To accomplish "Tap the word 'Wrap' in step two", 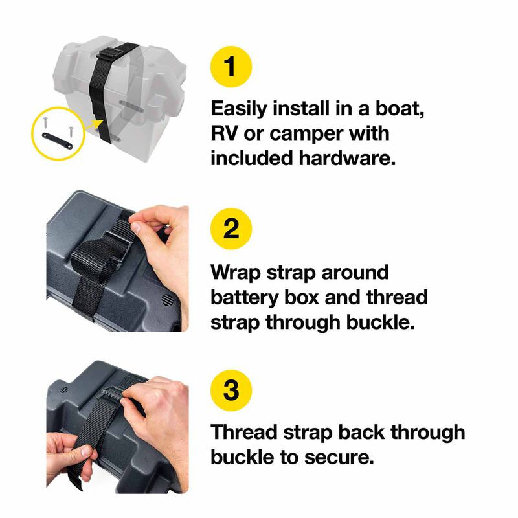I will click(x=237, y=272).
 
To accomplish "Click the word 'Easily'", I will click(x=241, y=108).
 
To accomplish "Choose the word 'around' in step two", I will click(x=353, y=272).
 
